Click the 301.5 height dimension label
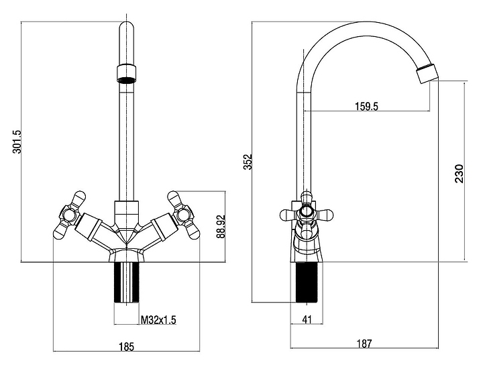[17, 142]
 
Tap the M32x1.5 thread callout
[158, 319]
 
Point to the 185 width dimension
[127, 347]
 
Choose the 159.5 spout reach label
[366, 105]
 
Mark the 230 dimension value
[459, 173]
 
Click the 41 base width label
[307, 319]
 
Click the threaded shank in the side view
[307, 282]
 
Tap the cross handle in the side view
[307, 214]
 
